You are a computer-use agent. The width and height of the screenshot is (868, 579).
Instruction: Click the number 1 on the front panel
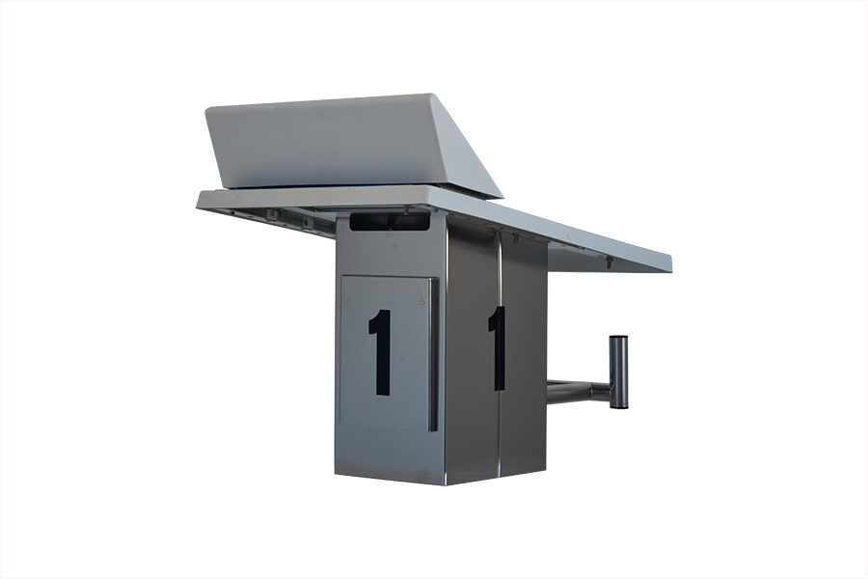[x=380, y=352]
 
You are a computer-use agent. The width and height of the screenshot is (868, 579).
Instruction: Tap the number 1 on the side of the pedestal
[x=497, y=348]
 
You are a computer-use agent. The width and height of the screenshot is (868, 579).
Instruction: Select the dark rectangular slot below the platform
[x=390, y=222]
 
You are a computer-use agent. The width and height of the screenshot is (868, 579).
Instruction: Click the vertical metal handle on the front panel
[x=433, y=354]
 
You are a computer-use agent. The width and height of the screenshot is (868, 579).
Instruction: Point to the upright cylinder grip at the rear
[x=618, y=372]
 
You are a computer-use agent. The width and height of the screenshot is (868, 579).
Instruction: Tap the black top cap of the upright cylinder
[x=618, y=338]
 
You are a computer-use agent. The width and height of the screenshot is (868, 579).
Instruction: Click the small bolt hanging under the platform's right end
[x=609, y=262]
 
